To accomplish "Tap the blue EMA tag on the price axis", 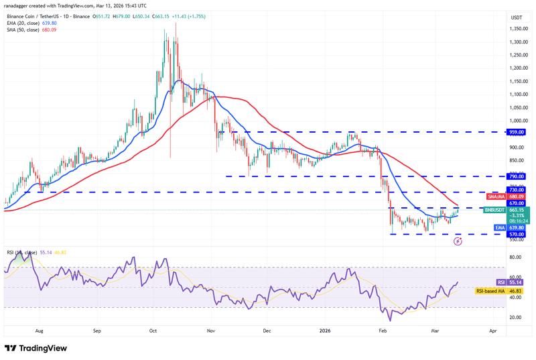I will (x=500, y=228).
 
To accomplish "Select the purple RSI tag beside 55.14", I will (x=501, y=283).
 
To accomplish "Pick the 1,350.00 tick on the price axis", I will (x=517, y=29).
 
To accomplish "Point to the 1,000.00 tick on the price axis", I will (x=517, y=121).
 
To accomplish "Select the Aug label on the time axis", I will (x=39, y=331).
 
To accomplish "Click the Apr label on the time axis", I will (x=492, y=331).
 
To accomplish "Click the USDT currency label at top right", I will (x=517, y=17).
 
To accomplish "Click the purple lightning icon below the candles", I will (x=458, y=241).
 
